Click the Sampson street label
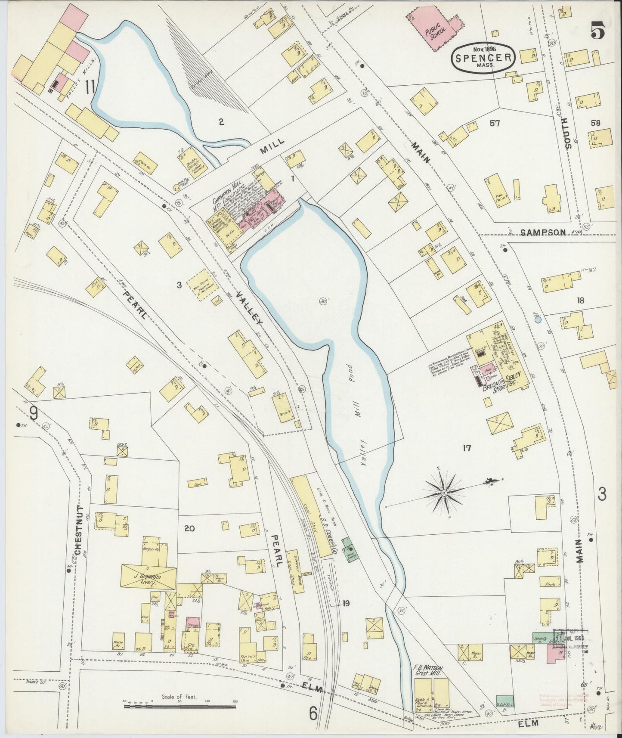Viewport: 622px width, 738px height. [542, 232]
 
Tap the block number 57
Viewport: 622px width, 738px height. [495, 124]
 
